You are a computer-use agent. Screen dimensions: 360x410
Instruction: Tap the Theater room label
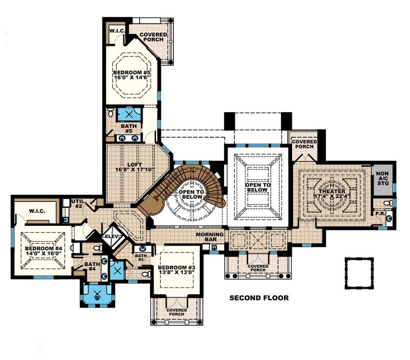[335, 194]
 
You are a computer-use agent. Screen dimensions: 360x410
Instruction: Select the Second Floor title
[259, 298]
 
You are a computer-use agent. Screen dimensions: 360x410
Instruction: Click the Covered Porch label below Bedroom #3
[177, 312]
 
